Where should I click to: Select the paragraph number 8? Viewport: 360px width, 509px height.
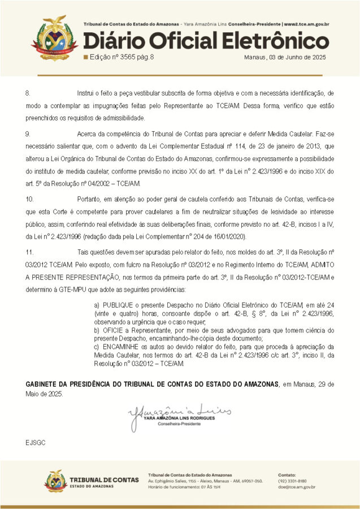(x=28, y=92)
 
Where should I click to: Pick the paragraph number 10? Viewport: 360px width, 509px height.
(x=29, y=199)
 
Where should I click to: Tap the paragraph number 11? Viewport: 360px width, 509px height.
(x=29, y=250)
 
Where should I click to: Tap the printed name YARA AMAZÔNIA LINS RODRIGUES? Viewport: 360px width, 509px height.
(x=179, y=418)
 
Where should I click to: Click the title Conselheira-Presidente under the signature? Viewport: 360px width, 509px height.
(x=179, y=424)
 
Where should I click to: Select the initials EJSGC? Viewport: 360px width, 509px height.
(x=34, y=441)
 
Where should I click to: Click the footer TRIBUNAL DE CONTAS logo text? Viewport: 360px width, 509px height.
(x=103, y=480)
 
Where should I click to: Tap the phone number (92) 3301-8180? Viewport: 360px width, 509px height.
(x=292, y=480)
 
